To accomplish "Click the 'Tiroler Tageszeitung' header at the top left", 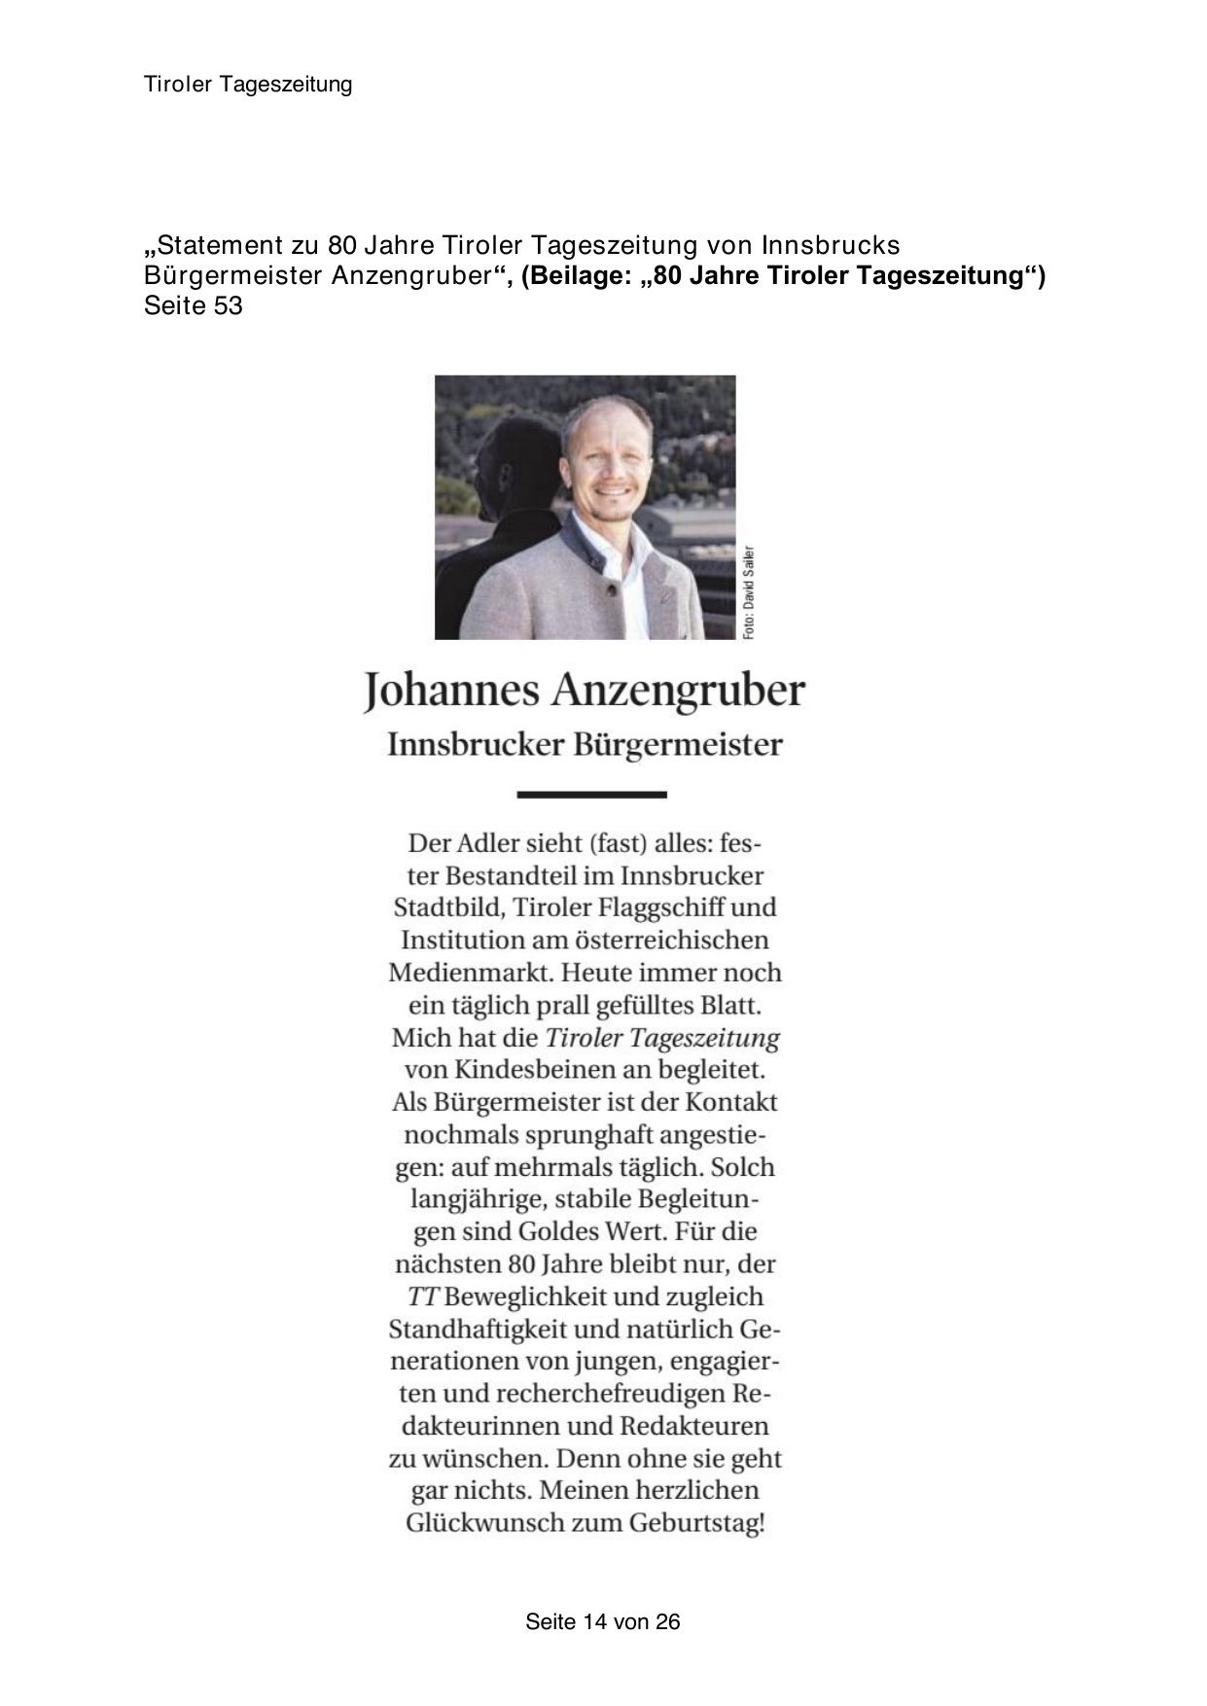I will (248, 85).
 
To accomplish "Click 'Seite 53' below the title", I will (193, 305).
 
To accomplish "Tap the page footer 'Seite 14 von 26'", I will (602, 1621).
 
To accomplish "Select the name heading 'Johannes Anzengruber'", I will (585, 690).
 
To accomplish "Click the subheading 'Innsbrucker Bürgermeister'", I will (585, 745).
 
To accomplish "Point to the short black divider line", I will (591, 795).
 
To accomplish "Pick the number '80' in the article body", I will (520, 1264).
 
